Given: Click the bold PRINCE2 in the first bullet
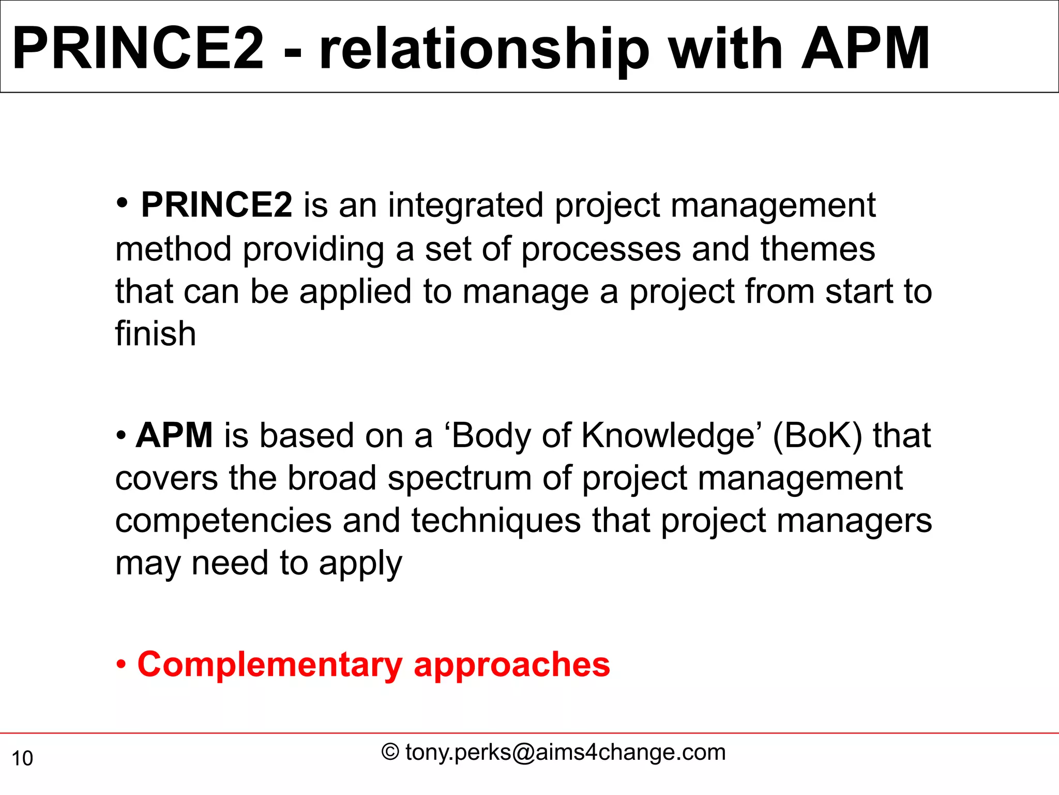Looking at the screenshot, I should (x=216, y=205).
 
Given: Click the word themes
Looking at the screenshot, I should (x=818, y=249).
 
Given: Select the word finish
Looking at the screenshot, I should (x=156, y=334).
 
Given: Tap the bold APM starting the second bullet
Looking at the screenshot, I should (x=174, y=435).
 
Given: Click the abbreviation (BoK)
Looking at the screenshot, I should (x=817, y=436).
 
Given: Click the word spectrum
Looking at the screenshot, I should (x=459, y=479).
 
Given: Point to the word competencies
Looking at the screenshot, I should (x=223, y=522).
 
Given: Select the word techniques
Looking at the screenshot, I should (x=496, y=521).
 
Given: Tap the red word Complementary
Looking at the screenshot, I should (x=269, y=666).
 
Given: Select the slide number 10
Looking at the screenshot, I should (x=22, y=759).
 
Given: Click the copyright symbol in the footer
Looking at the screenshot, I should (x=390, y=752).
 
